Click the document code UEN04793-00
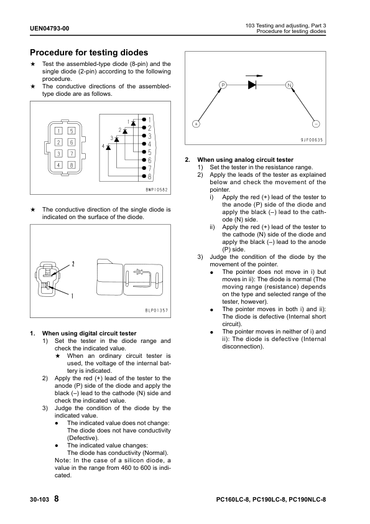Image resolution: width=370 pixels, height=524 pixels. (49, 29)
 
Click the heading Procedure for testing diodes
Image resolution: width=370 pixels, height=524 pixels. (89, 52)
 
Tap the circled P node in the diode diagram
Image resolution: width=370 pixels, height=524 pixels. (223, 85)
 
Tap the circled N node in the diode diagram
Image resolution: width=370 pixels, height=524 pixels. (289, 85)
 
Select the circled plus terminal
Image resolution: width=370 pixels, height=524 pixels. (196, 124)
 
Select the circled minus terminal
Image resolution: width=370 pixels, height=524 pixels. (316, 124)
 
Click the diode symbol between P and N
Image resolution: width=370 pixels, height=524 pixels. (252, 85)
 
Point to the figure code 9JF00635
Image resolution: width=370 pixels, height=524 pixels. (312, 140)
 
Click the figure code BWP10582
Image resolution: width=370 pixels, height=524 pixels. (157, 190)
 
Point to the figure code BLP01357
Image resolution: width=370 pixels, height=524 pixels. (157, 311)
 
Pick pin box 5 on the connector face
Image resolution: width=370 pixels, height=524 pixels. (71, 131)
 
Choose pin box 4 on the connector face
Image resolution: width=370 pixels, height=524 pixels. (58, 165)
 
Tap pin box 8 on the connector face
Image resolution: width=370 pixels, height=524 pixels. (71, 165)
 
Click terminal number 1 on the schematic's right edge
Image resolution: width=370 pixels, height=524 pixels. (150, 119)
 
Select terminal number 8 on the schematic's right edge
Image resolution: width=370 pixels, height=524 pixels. (150, 177)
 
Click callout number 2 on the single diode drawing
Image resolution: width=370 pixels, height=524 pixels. (73, 264)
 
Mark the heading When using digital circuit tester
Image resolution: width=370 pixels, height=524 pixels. (89, 333)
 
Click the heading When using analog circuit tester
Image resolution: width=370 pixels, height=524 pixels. (246, 160)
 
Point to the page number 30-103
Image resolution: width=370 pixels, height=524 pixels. (39, 500)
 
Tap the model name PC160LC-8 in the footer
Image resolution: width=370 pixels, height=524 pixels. (233, 500)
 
